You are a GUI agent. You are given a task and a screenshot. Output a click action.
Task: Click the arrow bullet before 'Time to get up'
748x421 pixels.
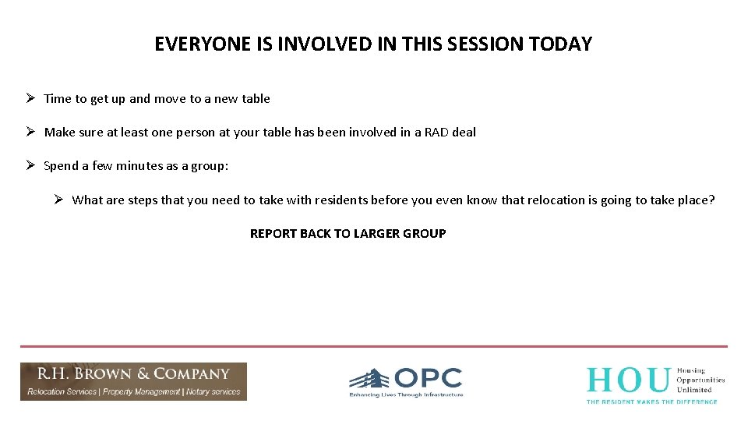28,98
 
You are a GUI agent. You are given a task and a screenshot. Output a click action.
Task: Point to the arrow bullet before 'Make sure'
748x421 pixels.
28,132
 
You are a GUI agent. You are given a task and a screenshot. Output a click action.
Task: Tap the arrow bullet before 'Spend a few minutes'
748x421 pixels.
28,165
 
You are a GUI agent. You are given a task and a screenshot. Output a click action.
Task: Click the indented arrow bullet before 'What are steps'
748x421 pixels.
58,200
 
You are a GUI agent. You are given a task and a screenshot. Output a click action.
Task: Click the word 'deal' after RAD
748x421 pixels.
464,133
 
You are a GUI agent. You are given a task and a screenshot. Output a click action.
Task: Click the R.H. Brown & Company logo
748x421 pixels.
133,381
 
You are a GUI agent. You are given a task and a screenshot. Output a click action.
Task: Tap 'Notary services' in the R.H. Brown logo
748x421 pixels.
213,392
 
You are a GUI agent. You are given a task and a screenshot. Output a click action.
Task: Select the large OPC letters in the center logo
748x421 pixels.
428,379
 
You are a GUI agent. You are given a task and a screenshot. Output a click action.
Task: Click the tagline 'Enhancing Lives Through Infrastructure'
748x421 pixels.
406,395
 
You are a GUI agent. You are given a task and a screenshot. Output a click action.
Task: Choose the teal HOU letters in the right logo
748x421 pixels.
628,380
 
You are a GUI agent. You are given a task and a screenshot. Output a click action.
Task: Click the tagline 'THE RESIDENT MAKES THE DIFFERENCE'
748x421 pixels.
651,401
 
